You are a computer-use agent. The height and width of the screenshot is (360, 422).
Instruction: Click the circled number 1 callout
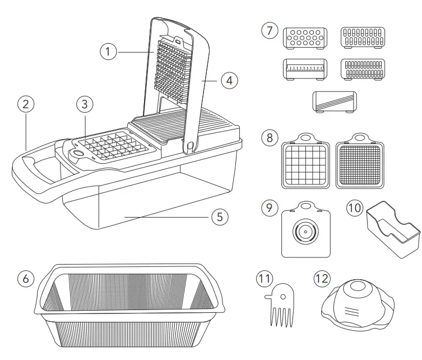coord(108,52)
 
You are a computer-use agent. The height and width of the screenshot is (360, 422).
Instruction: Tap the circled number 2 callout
coord(26,104)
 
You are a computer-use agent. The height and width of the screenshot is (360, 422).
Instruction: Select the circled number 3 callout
coord(84,104)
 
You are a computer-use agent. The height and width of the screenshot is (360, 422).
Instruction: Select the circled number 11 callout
coord(264,279)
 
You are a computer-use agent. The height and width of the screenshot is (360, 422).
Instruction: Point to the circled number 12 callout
coord(322,279)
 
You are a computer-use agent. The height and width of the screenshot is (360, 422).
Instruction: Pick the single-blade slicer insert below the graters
coord(335,103)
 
